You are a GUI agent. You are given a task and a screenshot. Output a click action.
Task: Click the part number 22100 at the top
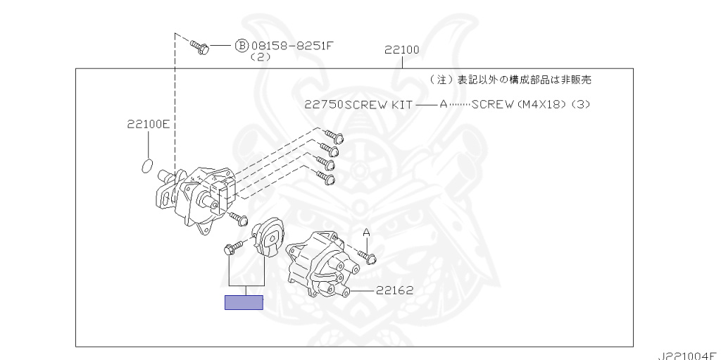coord(402,50)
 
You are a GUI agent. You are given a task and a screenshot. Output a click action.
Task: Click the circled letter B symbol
coord(241,46)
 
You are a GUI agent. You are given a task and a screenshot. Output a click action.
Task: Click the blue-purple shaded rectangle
coord(244,303)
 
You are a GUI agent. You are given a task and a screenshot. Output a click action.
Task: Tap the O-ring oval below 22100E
coord(146,166)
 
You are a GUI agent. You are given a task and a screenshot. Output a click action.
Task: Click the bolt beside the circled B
coord(200,47)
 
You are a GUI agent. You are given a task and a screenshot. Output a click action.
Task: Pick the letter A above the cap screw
coord(366,232)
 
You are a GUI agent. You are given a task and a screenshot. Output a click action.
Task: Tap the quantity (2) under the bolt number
coord(261,58)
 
